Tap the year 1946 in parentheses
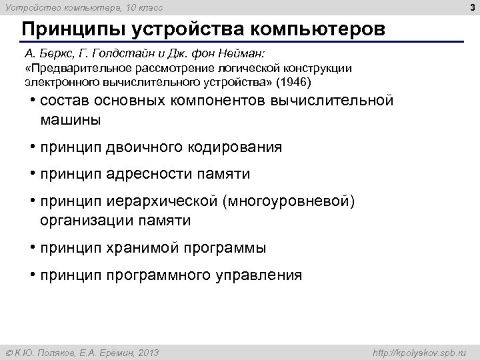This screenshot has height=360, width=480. coord(293,83)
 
